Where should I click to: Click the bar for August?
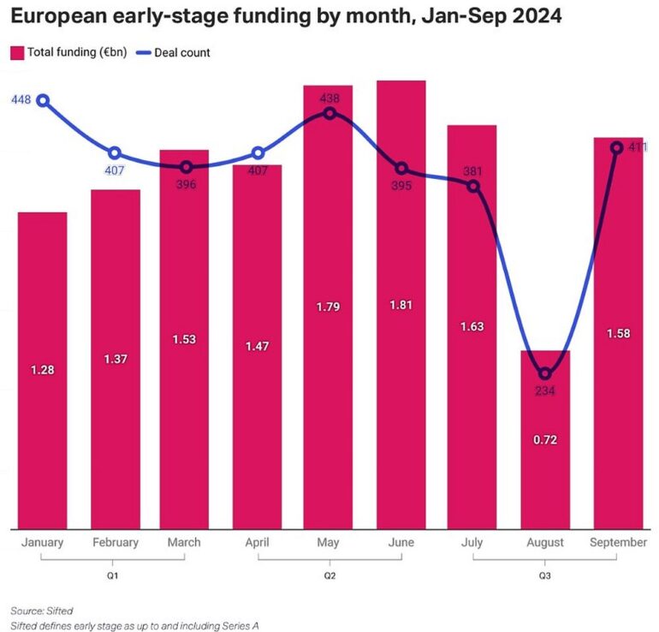click(x=545, y=462)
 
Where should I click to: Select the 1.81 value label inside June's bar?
click(x=401, y=305)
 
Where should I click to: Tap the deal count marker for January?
click(x=42, y=100)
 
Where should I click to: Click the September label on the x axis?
click(x=617, y=542)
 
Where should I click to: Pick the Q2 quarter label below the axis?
click(x=329, y=575)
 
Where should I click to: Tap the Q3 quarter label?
click(x=544, y=575)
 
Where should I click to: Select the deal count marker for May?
click(x=329, y=112)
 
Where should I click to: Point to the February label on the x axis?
click(x=115, y=542)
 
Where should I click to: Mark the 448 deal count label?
click(x=21, y=100)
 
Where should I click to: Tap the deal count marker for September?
click(x=616, y=147)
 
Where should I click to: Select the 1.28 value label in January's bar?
click(x=42, y=369)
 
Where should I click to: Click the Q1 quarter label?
click(x=114, y=575)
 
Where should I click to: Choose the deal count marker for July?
click(x=473, y=185)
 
